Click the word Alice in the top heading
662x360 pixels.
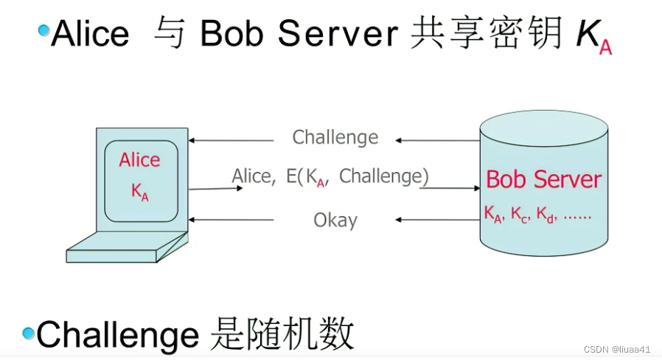(90, 34)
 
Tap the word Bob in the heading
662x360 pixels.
(226, 34)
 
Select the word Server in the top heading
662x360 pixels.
(332, 34)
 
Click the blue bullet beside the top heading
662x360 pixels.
(44, 30)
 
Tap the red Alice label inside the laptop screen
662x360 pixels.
(139, 160)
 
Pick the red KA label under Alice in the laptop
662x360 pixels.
(139, 191)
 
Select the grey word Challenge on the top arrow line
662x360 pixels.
(335, 137)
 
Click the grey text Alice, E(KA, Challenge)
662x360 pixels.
(330, 177)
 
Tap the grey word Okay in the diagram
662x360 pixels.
(335, 220)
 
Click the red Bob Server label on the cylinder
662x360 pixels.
(543, 179)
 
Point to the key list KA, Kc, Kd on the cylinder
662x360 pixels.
(538, 215)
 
